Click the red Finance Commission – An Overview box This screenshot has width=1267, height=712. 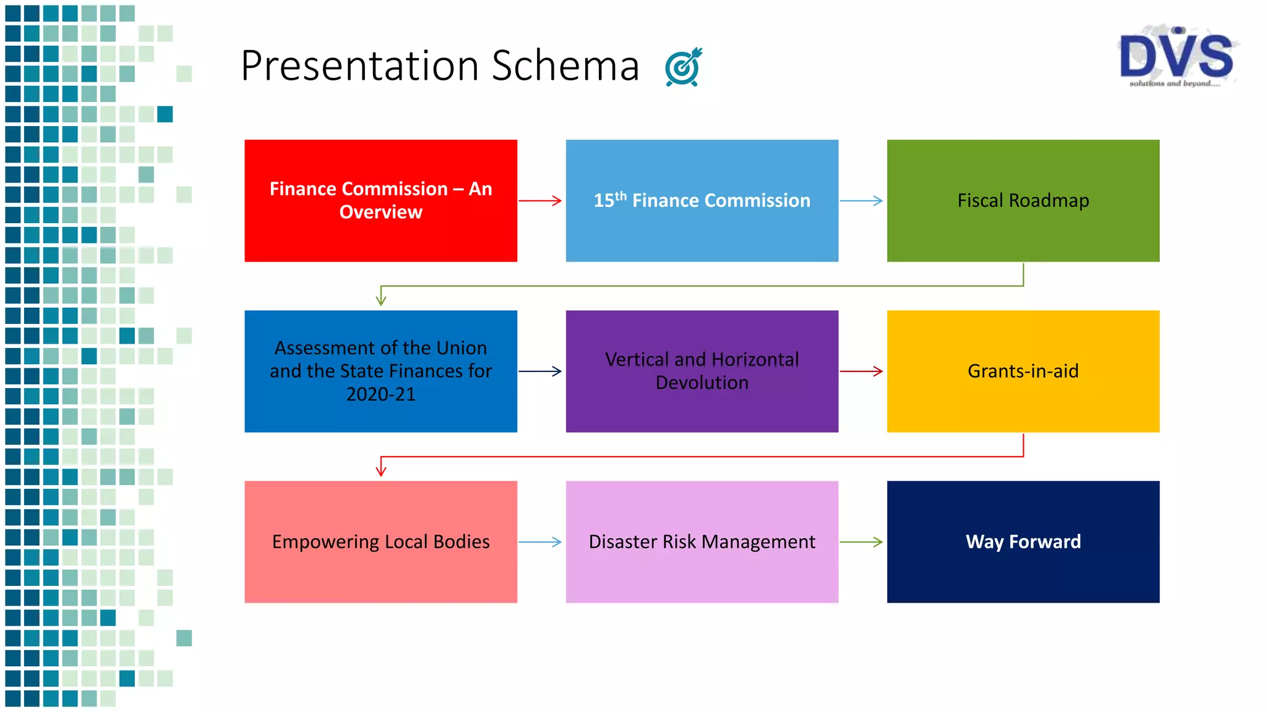(x=380, y=200)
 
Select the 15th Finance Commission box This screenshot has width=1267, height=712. (x=702, y=200)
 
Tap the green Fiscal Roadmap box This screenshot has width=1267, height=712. (x=1023, y=200)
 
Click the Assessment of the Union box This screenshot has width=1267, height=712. (x=380, y=371)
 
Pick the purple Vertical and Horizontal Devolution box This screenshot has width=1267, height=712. (x=702, y=371)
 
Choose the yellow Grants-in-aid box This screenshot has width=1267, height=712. (x=1023, y=371)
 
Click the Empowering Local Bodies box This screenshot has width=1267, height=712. (x=380, y=541)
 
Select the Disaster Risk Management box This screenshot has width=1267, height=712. (x=702, y=541)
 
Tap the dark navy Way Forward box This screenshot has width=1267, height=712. (x=1023, y=541)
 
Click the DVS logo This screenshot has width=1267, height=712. (x=1177, y=57)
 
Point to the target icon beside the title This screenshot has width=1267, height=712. (x=684, y=67)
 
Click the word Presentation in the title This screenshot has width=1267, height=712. (x=359, y=66)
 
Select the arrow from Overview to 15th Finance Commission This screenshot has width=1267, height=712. (x=540, y=200)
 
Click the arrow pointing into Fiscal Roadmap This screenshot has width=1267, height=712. (x=861, y=200)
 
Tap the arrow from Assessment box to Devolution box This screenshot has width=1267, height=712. (x=540, y=371)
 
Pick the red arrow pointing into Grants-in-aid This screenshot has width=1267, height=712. (x=861, y=371)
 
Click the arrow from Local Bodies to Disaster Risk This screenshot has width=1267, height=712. (x=540, y=541)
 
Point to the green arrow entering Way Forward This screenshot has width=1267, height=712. (x=861, y=541)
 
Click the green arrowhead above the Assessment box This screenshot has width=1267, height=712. (x=381, y=299)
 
